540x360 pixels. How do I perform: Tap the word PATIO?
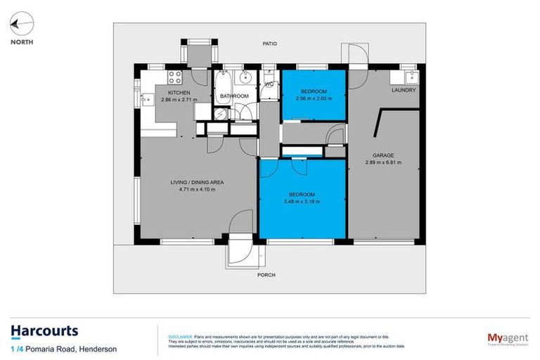tap(269, 44)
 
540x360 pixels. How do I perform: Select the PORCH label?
tap(266, 275)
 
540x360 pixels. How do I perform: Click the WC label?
tap(269, 85)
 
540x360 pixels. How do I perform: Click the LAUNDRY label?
tap(403, 90)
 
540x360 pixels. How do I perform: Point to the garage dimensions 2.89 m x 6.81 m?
tap(383, 162)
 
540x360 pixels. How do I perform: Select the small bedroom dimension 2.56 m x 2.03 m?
tap(314, 98)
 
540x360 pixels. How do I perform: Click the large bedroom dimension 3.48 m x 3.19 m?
tap(302, 201)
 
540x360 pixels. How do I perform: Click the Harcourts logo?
tap(44, 331)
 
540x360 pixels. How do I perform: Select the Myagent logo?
tap(508, 338)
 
